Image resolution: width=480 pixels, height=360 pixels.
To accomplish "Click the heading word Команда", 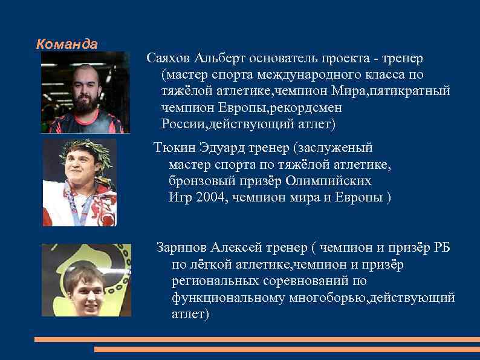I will (66, 44).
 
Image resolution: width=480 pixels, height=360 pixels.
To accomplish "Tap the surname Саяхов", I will (169, 59).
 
